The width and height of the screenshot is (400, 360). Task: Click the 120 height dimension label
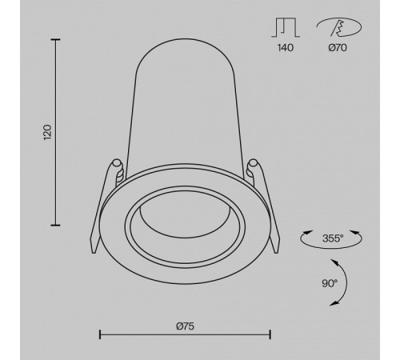point(47,132)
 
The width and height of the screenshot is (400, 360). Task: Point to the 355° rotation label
point(331,238)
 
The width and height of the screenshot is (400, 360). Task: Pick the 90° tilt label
point(330,282)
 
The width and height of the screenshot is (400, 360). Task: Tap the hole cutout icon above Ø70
point(339,26)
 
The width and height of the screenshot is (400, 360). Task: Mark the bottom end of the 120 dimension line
point(57,225)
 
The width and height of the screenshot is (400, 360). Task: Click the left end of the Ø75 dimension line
point(99,333)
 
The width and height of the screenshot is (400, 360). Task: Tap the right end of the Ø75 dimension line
point(270,333)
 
